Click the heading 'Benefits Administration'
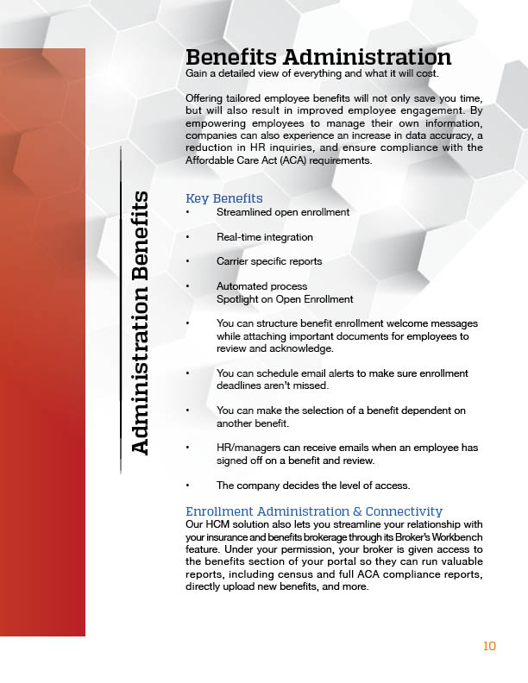(x=318, y=57)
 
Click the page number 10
(x=489, y=646)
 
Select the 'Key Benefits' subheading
(x=224, y=198)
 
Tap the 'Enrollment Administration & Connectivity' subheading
(x=314, y=511)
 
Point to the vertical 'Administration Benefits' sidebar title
(x=140, y=322)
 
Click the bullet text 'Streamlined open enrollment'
(x=283, y=212)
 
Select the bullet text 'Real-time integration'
(x=265, y=237)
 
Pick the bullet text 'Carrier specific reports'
(x=269, y=261)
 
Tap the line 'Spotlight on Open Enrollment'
(x=285, y=299)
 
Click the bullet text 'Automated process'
(x=261, y=286)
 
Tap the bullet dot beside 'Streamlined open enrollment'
(x=187, y=213)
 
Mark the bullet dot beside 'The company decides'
(x=187, y=486)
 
